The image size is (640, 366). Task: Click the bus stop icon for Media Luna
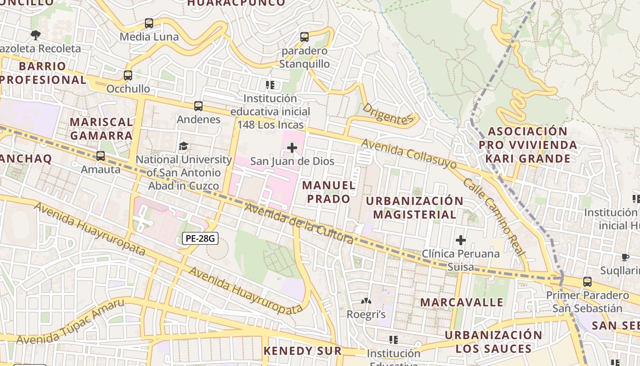[x=149, y=23]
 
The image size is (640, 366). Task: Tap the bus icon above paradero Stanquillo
[x=304, y=37]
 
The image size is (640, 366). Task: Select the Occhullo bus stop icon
[x=128, y=75]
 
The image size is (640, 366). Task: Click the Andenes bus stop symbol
[x=198, y=106]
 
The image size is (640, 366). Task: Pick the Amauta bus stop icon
[x=101, y=156]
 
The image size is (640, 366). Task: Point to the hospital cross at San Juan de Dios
[x=292, y=148]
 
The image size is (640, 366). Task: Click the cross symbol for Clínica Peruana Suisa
[x=461, y=240]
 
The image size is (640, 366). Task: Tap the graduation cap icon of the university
[x=183, y=146]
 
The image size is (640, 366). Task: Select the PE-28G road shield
[x=199, y=238]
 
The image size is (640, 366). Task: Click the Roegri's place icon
[x=366, y=301]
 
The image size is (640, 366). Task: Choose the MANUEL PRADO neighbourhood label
[x=329, y=192]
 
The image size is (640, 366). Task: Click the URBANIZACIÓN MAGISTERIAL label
[x=415, y=208]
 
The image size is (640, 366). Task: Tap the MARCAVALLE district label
[x=462, y=302]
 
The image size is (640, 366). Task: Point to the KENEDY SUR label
[x=302, y=351]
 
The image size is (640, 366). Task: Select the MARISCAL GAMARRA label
[x=101, y=129]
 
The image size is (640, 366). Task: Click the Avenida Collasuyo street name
[x=409, y=154]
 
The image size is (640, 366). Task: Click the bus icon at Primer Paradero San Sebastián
[x=587, y=282]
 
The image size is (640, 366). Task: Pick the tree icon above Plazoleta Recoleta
[x=36, y=35]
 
